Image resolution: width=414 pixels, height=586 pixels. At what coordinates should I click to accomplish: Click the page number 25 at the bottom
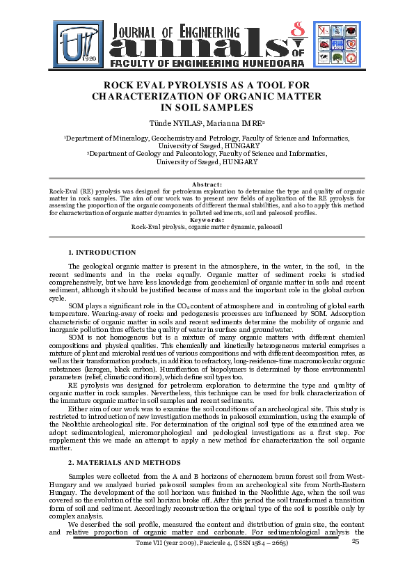[356, 541]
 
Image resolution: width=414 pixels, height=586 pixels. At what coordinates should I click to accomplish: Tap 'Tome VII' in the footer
[155, 544]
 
